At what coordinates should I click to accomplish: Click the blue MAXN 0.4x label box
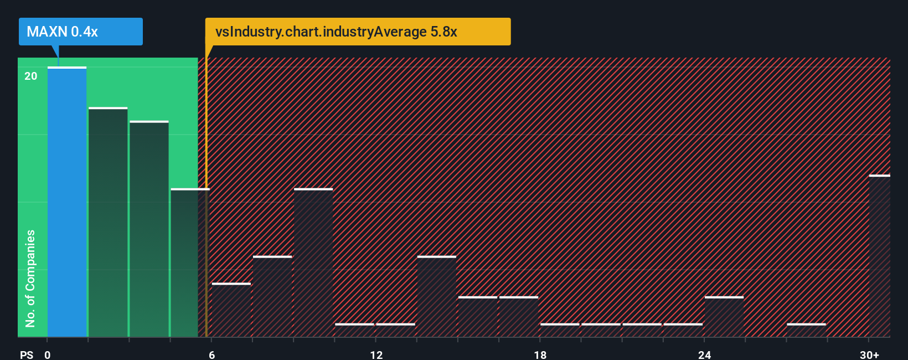(80, 32)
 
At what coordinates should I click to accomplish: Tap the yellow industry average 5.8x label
(358, 32)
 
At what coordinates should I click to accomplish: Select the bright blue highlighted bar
(67, 202)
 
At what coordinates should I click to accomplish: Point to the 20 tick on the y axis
(31, 76)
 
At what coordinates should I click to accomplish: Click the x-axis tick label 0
(48, 355)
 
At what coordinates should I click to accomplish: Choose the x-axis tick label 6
(211, 355)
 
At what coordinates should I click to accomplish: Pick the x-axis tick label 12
(376, 355)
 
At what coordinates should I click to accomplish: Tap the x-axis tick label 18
(540, 355)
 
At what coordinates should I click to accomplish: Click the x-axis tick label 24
(704, 355)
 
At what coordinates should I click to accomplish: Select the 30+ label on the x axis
(869, 355)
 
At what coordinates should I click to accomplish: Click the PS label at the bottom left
(27, 355)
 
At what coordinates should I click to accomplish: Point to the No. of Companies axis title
(30, 278)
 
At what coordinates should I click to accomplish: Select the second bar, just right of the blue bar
(108, 222)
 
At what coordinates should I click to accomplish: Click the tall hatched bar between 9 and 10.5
(313, 263)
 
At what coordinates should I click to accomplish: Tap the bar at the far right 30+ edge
(880, 256)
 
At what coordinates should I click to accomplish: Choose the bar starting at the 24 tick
(724, 317)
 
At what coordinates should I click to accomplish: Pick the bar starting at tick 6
(231, 310)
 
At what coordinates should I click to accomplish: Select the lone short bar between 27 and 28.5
(806, 330)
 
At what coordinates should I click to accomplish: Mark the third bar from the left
(149, 229)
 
